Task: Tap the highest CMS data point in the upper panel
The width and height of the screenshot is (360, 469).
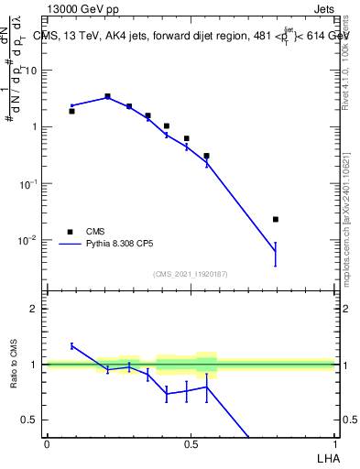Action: [107, 96]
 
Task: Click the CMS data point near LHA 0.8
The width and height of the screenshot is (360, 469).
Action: [276, 220]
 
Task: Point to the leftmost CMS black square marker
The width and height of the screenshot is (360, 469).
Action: [71, 111]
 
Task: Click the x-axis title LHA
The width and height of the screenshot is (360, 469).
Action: [325, 455]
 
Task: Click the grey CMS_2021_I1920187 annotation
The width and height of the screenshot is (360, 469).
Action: [191, 274]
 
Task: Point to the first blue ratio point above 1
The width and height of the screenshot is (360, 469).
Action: [71, 345]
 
